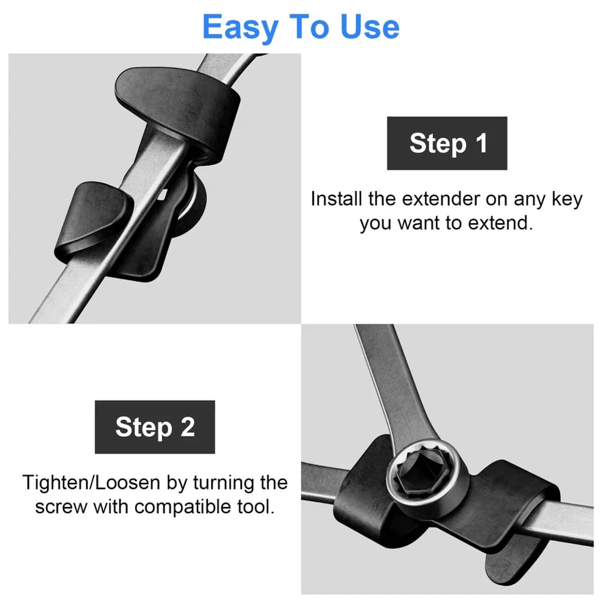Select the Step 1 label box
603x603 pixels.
pyautogui.click(x=447, y=143)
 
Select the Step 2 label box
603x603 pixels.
pyautogui.click(x=155, y=427)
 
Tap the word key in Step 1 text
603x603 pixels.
pyautogui.click(x=567, y=200)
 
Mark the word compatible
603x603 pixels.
pyautogui.click(x=182, y=507)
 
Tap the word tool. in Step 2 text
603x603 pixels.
pyautogui.click(x=257, y=507)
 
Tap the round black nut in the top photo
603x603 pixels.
pyautogui.click(x=192, y=205)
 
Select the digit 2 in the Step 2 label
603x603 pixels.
pyautogui.click(x=188, y=427)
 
